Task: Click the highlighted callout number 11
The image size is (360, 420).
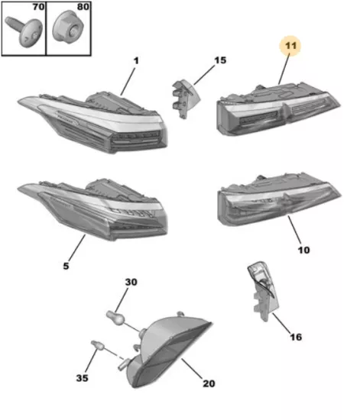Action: (290, 46)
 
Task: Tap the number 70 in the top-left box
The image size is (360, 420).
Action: (38, 7)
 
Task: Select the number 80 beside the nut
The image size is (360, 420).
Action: (83, 7)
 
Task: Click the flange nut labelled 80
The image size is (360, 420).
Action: (68, 27)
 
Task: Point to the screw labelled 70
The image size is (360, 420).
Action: (24, 31)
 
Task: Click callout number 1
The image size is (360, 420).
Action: (136, 61)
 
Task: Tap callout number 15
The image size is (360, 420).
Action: (220, 60)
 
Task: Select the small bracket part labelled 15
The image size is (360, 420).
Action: (186, 99)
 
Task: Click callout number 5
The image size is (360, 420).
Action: (66, 266)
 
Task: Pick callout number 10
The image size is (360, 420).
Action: (303, 250)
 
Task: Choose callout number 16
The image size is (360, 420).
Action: (296, 337)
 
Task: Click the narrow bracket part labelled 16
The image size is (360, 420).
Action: (263, 291)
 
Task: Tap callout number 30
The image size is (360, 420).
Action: (131, 282)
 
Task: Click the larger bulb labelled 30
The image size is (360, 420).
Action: (115, 317)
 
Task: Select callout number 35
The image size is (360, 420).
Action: (82, 378)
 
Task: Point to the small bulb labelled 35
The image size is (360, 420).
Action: (97, 345)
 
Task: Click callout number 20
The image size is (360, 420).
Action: (209, 383)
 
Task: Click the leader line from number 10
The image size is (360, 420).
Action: (294, 229)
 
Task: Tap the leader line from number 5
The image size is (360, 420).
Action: (77, 247)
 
